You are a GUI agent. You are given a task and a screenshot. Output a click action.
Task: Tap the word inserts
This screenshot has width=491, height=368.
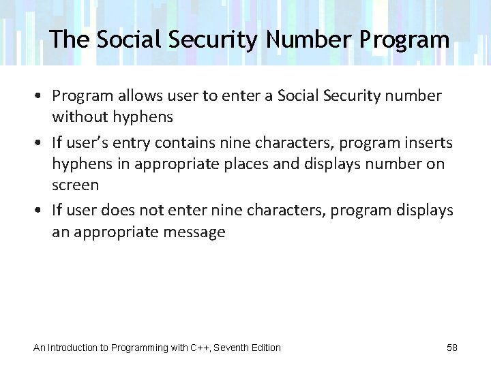pyautogui.click(x=428, y=142)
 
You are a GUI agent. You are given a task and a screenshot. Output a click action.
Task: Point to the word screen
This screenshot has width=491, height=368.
pyautogui.click(x=76, y=185)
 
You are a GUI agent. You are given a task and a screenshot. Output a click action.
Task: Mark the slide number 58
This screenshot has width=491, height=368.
pyautogui.click(x=452, y=348)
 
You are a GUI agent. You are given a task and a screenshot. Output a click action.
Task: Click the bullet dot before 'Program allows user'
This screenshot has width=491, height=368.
pyautogui.click(x=41, y=96)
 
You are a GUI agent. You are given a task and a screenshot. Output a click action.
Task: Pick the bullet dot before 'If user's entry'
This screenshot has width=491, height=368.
pyautogui.click(x=41, y=142)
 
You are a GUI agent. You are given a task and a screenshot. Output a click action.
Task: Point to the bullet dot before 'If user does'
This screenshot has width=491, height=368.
pyautogui.click(x=41, y=211)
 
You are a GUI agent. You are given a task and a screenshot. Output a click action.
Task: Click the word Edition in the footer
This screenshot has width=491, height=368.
pyautogui.click(x=268, y=348)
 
